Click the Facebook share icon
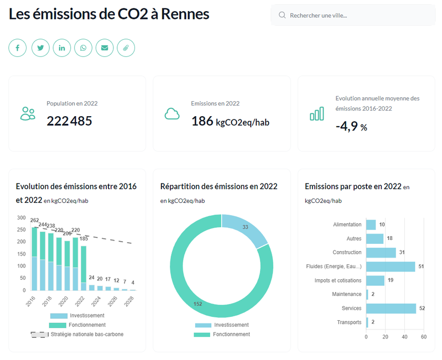[18, 48]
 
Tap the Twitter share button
[40, 48]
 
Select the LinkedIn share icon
[62, 48]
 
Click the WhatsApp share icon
[84, 48]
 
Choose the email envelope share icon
[105, 48]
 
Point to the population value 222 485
[69, 121]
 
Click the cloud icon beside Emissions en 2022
[172, 114]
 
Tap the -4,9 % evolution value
[351, 126]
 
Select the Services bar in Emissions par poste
[391, 308]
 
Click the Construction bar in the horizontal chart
[381, 253]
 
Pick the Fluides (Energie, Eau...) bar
[390, 267]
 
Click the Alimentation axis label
[347, 225]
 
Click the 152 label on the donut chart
[197, 304]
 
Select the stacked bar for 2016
[34, 259]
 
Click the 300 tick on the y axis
[21, 217]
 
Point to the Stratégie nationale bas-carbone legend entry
[77, 334]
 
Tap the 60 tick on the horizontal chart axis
[424, 337]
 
